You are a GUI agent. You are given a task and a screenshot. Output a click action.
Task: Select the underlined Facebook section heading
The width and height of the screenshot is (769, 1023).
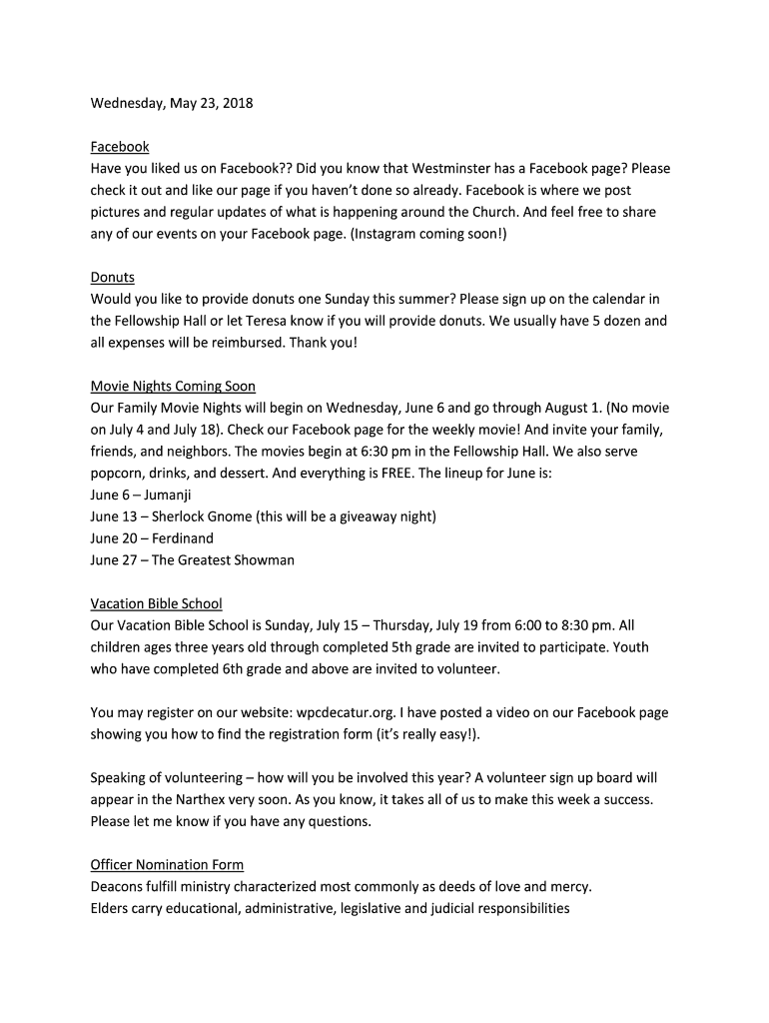(120, 147)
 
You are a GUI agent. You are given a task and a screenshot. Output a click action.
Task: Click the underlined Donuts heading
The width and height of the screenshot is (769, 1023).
(112, 278)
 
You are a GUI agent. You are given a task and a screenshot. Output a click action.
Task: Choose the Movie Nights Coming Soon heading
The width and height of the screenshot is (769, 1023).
(173, 387)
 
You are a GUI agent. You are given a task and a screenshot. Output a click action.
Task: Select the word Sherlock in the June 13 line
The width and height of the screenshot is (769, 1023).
(182, 516)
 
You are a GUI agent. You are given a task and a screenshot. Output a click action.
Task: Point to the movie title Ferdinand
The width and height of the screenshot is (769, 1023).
(183, 538)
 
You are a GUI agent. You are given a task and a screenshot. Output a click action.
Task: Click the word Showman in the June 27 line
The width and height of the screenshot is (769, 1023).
(262, 560)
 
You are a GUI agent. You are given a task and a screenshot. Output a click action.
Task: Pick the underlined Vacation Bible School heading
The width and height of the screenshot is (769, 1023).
(156, 604)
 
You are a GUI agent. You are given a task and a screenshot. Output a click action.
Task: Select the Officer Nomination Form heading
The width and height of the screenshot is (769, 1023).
(167, 865)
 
